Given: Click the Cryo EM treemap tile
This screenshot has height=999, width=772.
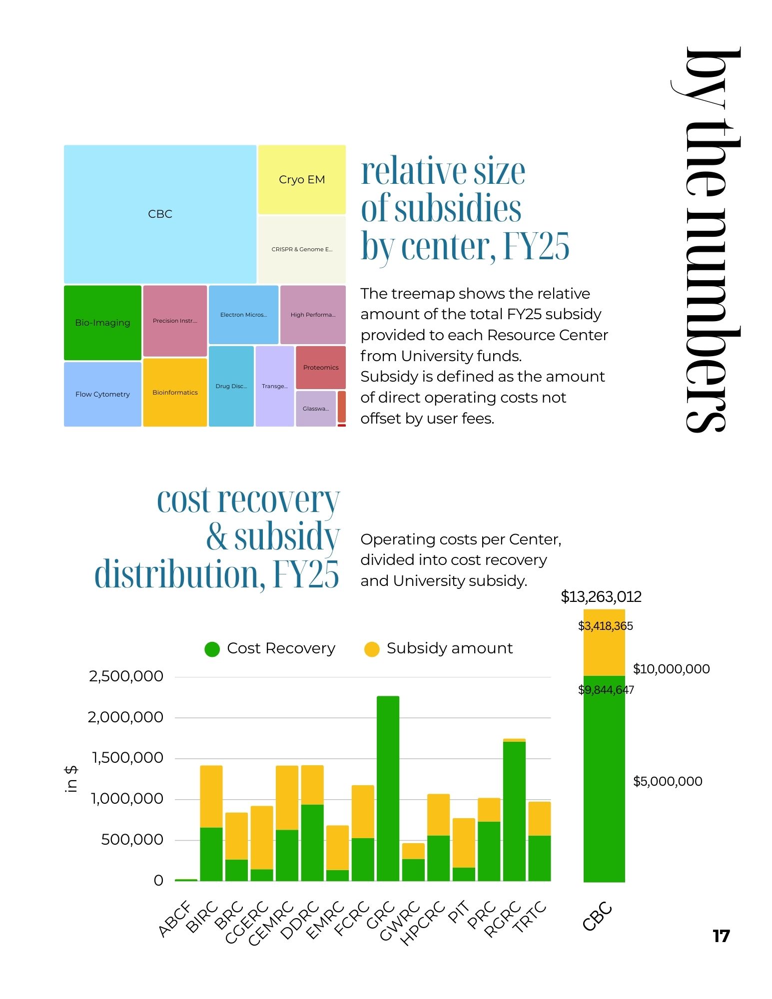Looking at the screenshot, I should [x=302, y=179].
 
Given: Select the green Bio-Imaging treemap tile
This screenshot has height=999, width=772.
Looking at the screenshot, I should [x=102, y=323].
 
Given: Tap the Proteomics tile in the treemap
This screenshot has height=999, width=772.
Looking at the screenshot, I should [x=321, y=367].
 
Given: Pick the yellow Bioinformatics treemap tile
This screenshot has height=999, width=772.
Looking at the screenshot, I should [x=175, y=393].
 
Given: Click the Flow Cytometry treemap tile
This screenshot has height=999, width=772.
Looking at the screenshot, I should [x=102, y=394].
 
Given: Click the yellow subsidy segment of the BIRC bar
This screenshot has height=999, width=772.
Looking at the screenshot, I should [x=211, y=796].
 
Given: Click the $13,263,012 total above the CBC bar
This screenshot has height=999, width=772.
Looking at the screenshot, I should [x=601, y=596].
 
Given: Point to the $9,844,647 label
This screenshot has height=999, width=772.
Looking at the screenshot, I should [x=606, y=690].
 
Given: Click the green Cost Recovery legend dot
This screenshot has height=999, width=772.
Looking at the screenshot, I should [x=212, y=649].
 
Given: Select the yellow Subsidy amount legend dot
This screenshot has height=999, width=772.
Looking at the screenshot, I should [x=372, y=649].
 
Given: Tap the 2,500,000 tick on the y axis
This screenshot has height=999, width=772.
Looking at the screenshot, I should [x=126, y=676].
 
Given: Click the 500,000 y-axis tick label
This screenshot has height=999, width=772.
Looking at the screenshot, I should [x=132, y=840].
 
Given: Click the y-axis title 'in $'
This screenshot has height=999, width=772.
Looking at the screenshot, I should [x=71, y=779].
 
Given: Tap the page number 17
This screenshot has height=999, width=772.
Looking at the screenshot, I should [x=721, y=936].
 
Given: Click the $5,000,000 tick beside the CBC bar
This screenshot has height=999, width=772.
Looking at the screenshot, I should [x=667, y=781].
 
